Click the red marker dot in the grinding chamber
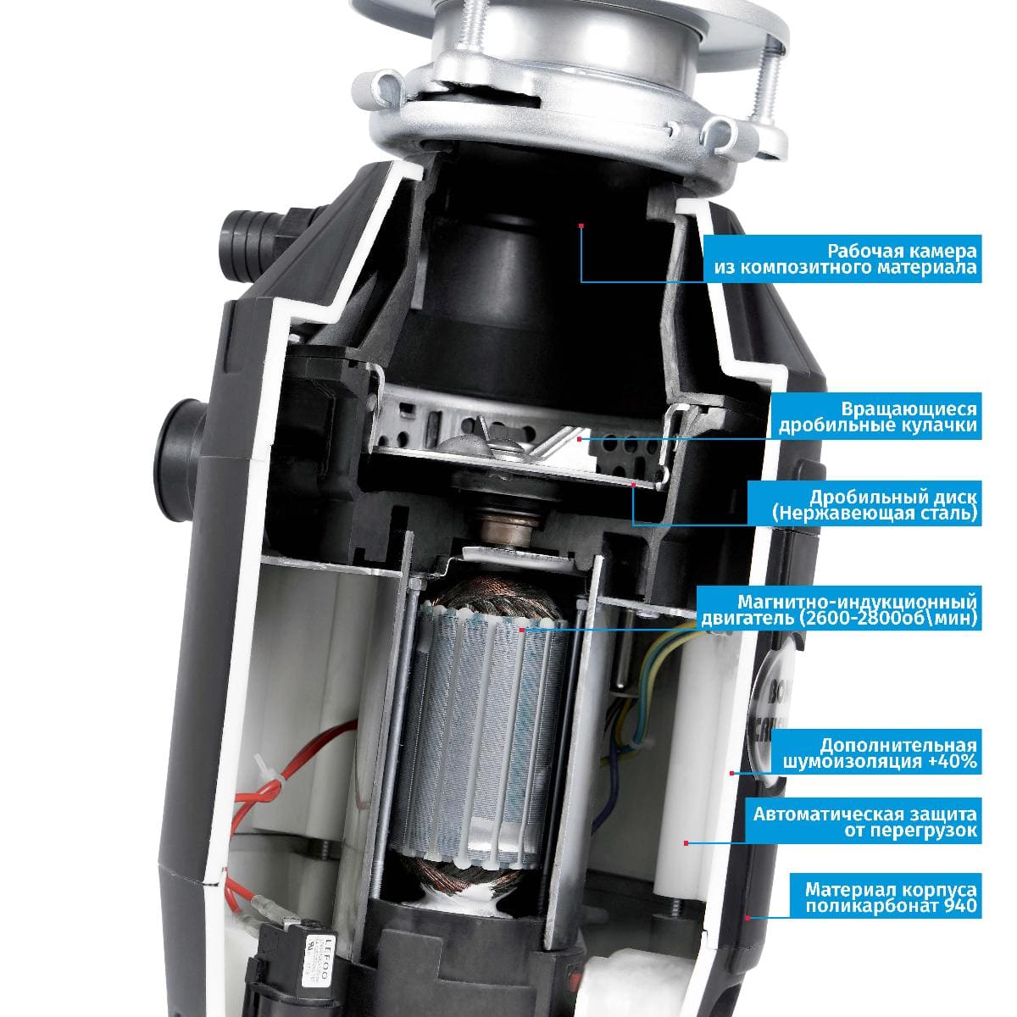pos(581,225)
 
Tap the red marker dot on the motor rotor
pos(521,630)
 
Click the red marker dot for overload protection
pos(686,843)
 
